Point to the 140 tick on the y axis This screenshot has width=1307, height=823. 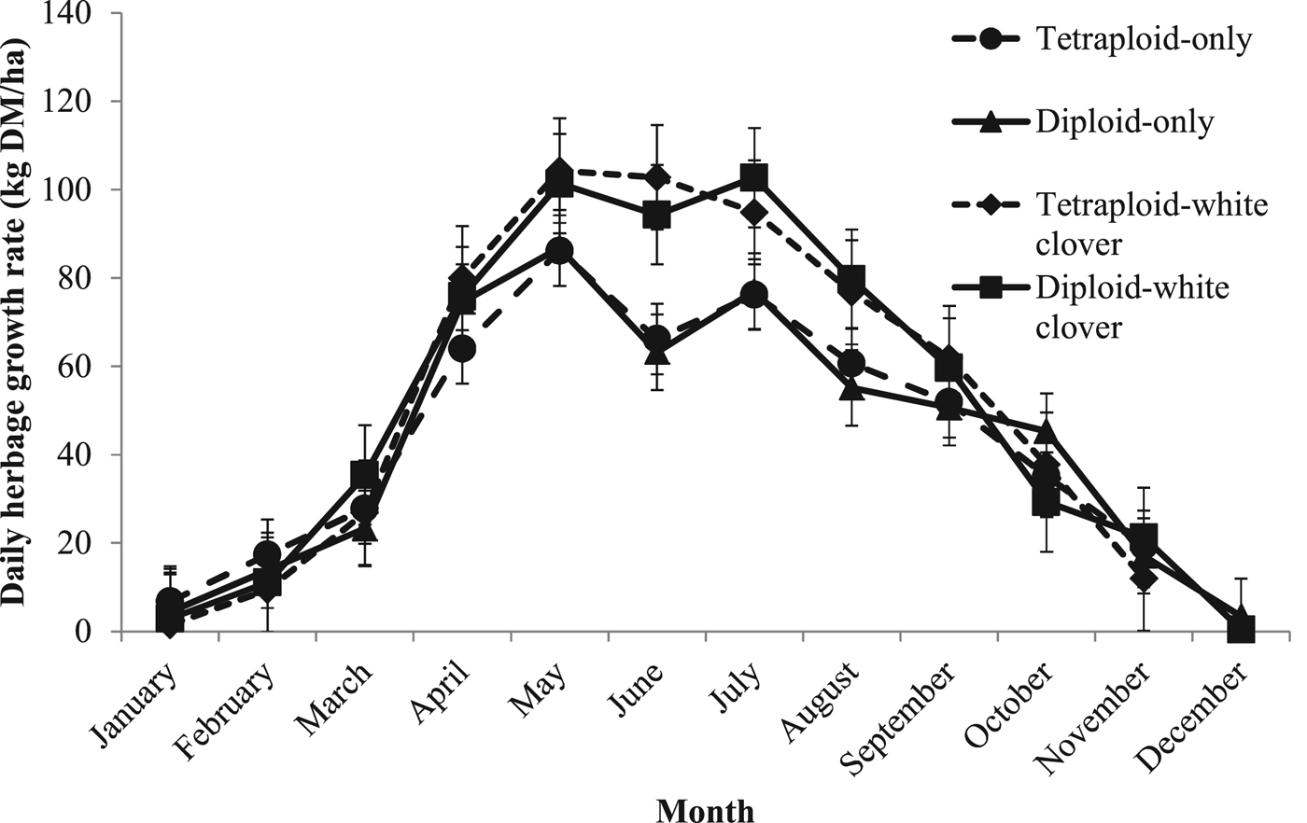[x=86, y=13]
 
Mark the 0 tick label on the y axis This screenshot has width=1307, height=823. [x=101, y=632]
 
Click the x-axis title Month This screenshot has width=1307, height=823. [x=705, y=810]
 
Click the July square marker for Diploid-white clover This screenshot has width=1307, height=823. [x=753, y=177]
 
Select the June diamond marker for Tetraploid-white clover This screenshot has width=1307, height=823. [x=656, y=177]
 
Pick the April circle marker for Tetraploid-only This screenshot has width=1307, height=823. [x=462, y=349]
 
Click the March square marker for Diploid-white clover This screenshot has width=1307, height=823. [x=365, y=474]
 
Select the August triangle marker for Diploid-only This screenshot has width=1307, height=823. [x=850, y=388]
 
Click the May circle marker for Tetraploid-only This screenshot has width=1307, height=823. [x=559, y=251]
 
